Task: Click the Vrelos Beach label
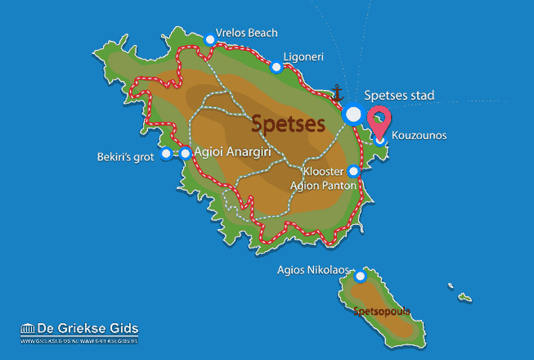coord(248,33)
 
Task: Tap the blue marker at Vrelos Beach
coord(210,38)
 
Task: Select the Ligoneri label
coord(304,57)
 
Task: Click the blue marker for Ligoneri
coord(276,66)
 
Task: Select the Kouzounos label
coord(420,135)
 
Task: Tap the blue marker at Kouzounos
coord(380,140)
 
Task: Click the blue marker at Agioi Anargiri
coord(186,153)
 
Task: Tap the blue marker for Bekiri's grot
coord(166,153)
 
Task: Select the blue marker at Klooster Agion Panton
coord(353,172)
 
